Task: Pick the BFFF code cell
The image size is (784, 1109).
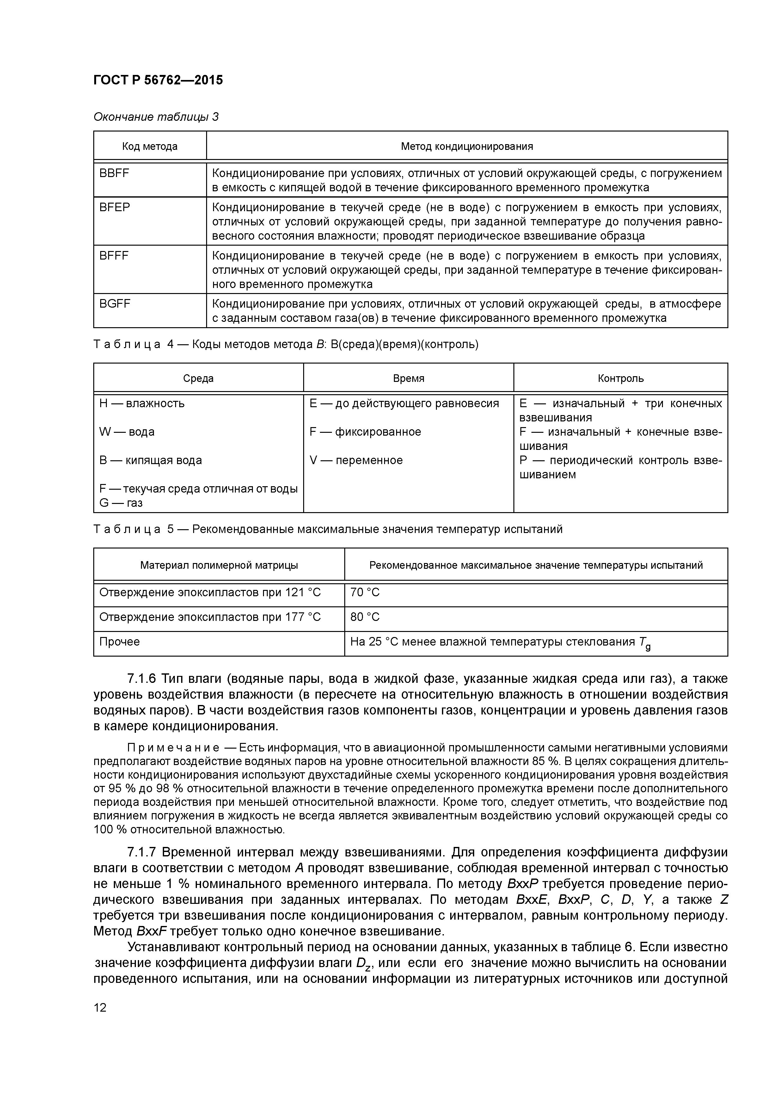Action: (114, 255)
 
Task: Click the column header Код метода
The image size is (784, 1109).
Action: (150, 146)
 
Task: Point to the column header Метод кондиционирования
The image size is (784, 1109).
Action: (467, 146)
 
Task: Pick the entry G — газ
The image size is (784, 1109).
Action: (121, 503)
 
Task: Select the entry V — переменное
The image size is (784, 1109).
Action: (356, 460)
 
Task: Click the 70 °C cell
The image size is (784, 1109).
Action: (365, 592)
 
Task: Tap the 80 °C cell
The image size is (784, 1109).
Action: (365, 617)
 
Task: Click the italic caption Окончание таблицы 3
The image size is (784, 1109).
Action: (156, 117)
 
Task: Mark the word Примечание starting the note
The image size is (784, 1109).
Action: (173, 748)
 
